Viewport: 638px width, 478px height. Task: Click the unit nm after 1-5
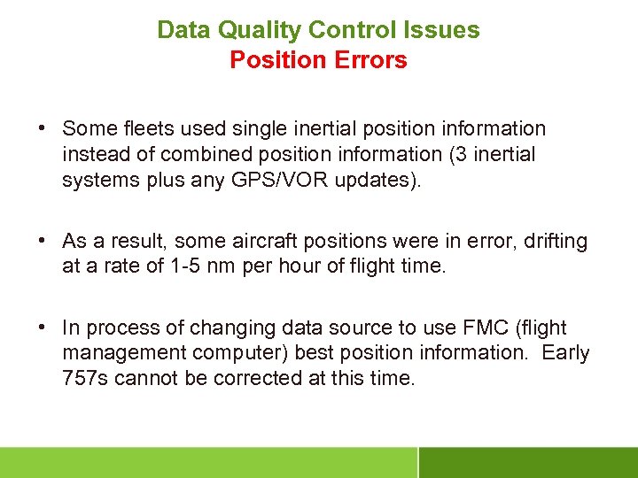[217, 265]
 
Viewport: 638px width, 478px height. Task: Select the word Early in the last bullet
[565, 352]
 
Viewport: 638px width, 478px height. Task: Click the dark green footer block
[527, 462]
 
